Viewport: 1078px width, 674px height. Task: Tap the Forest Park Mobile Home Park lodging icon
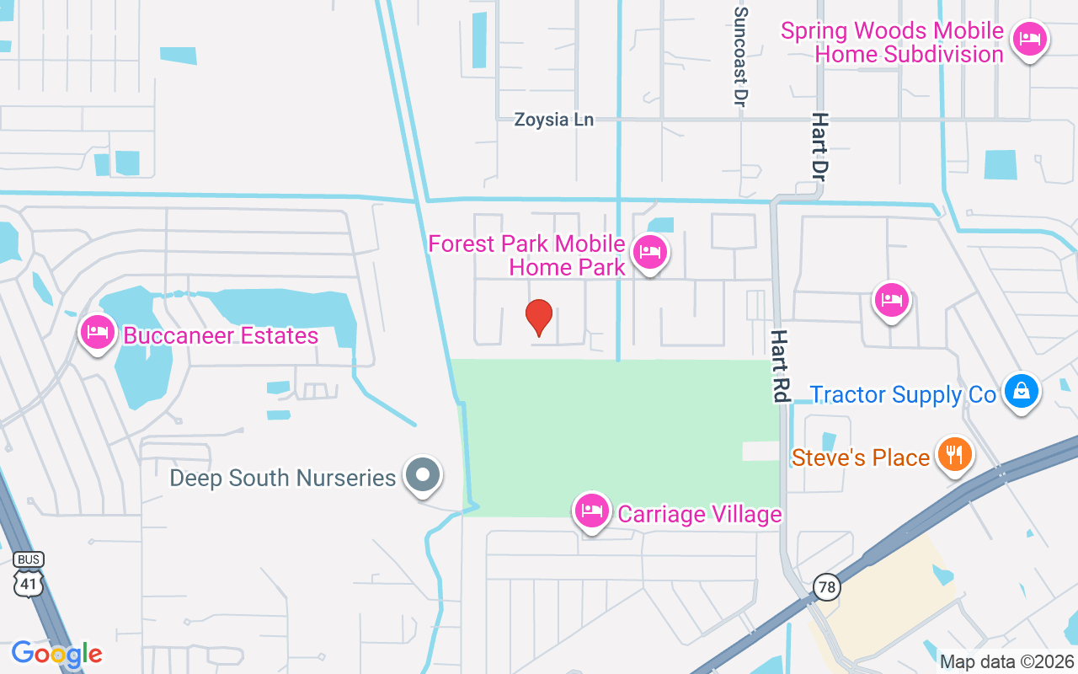[650, 252]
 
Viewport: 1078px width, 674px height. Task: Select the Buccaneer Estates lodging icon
[98, 332]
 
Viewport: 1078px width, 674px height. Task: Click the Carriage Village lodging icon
[592, 511]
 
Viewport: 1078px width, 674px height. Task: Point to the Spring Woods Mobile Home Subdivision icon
[1029, 39]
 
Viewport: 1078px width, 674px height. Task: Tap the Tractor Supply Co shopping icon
[1021, 392]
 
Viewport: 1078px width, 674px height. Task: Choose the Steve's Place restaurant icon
[954, 455]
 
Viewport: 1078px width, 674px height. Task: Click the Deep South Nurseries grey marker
[423, 475]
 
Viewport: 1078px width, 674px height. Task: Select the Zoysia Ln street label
[554, 120]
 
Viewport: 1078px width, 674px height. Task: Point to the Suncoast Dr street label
[741, 56]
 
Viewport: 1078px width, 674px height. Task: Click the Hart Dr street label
[819, 147]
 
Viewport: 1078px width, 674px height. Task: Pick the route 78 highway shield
[828, 586]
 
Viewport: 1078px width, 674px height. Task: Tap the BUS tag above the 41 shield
[29, 559]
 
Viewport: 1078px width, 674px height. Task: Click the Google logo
[56, 654]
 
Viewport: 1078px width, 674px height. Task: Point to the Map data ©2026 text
[1006, 662]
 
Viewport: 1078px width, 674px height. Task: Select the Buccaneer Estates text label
[221, 336]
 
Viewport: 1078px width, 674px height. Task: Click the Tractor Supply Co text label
[903, 394]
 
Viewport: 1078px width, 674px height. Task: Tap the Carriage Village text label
[700, 514]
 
